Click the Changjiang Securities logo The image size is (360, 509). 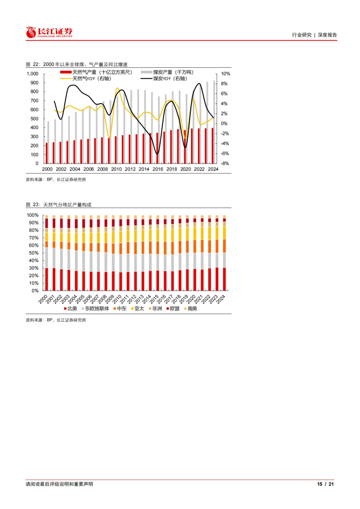(x=49, y=32)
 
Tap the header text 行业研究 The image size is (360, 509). (x=302, y=35)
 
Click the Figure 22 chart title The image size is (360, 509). (x=77, y=64)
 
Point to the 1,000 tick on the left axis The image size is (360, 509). (x=33, y=74)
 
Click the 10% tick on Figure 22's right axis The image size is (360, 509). (x=225, y=74)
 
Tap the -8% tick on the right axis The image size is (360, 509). (x=225, y=163)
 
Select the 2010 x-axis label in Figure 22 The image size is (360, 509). (x=116, y=169)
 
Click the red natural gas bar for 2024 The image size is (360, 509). (x=212, y=146)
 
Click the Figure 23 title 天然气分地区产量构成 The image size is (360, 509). (x=67, y=205)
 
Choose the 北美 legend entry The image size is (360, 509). (x=71, y=309)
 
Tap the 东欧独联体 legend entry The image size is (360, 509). (x=96, y=309)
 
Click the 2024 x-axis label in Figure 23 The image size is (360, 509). (x=221, y=299)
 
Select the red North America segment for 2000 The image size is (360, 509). (x=47, y=279)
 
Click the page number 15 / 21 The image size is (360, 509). (x=325, y=484)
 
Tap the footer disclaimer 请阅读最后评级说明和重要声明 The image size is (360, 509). (x=59, y=484)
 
